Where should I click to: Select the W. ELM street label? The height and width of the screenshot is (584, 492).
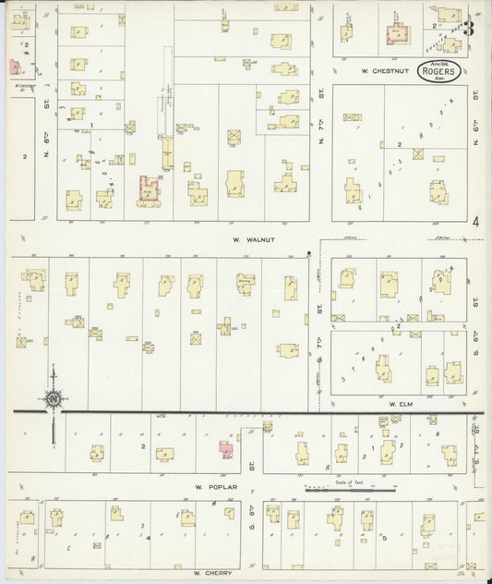click(x=399, y=405)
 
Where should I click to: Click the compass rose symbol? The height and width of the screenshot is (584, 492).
click(x=53, y=398)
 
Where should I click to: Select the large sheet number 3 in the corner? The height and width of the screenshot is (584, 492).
click(x=469, y=27)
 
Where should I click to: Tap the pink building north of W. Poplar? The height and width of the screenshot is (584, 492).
click(x=224, y=448)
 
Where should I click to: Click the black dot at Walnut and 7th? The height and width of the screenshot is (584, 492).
click(x=308, y=252)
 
